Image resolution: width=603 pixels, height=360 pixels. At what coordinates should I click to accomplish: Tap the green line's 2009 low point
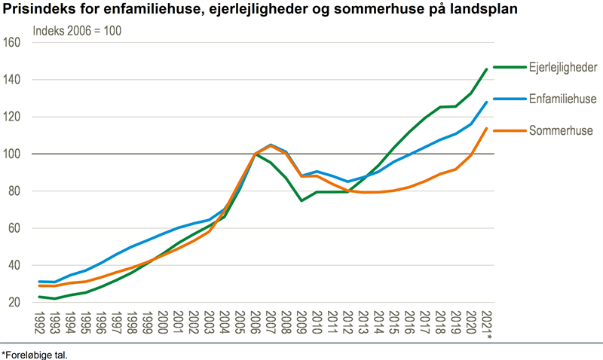pos(301,201)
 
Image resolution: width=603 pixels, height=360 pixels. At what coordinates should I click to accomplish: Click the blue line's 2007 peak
pos(270,145)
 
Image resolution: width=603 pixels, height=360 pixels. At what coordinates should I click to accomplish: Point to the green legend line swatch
pos(508,67)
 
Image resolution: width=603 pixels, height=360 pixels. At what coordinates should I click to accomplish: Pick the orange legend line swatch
pos(508,130)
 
